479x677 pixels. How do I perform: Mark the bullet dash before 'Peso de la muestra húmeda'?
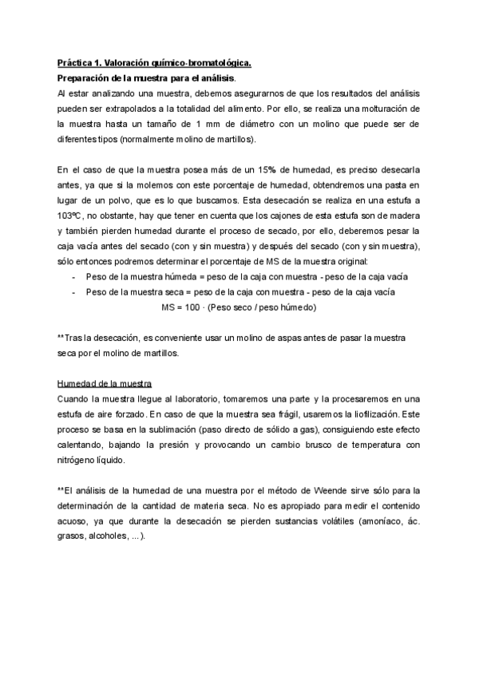click(x=73, y=277)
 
